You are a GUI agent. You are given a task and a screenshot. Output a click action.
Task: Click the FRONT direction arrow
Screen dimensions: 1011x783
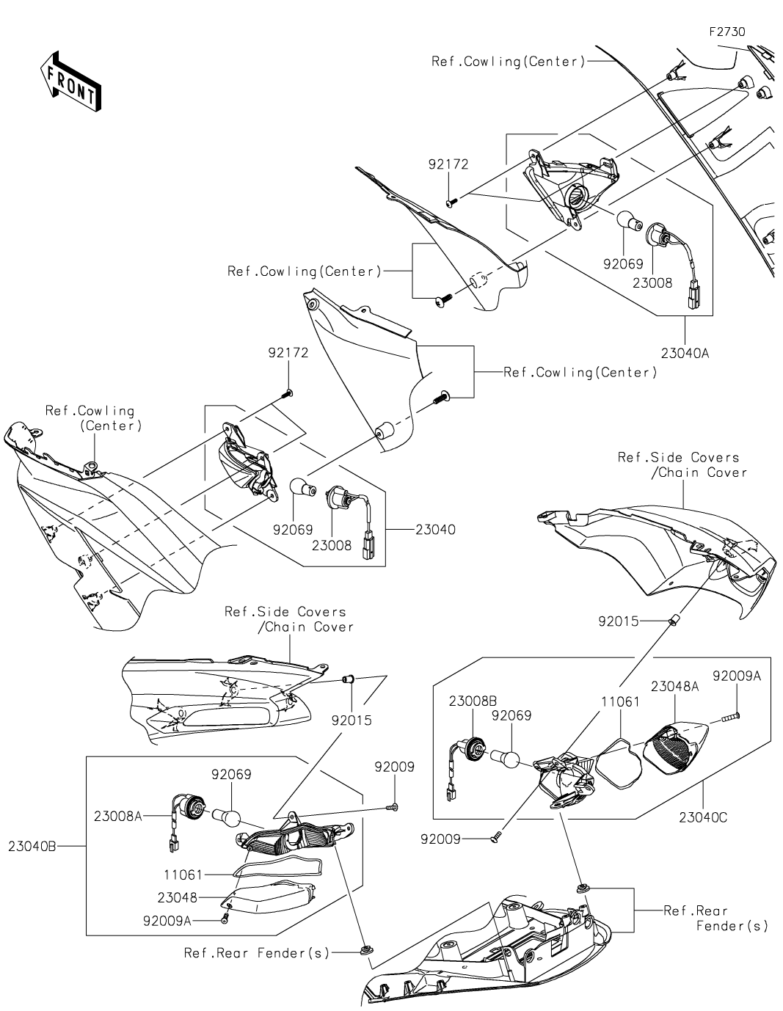70,81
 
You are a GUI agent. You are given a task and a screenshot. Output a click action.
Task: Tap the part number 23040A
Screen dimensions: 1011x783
684,352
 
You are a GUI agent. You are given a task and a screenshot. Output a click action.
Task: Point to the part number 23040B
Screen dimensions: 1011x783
32,846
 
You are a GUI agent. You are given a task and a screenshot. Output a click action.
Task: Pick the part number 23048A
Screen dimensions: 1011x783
674,687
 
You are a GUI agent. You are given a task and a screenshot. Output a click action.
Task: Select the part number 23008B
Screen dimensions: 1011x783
473,701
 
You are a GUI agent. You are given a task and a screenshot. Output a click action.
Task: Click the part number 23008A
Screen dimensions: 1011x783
117,815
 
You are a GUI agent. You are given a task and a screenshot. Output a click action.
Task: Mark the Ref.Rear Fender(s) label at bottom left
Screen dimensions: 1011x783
257,953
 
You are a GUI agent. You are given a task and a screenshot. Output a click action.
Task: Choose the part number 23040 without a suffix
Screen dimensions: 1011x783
434,529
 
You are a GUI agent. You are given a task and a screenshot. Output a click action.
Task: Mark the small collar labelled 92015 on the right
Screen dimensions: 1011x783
671,621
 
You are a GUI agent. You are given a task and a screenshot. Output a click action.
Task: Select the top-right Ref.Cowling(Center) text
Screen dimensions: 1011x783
508,62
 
